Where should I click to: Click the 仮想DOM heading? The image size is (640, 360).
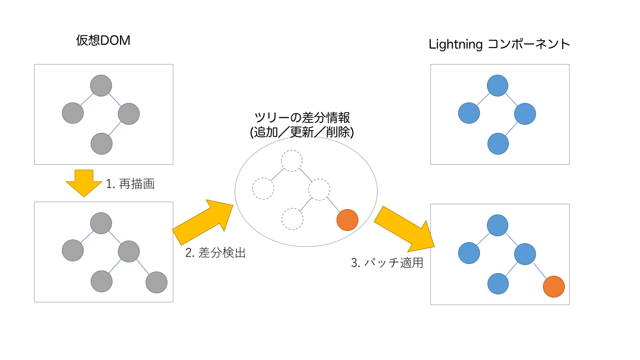tap(103, 42)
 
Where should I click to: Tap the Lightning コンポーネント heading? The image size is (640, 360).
tap(500, 44)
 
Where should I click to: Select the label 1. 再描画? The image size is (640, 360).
tap(130, 185)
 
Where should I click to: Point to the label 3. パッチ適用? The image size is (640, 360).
tap(387, 263)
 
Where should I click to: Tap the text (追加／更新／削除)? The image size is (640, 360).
tap(302, 132)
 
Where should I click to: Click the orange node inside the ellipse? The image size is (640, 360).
tap(348, 220)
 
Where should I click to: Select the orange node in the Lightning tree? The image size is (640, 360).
tap(554, 286)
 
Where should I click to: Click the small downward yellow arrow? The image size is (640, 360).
tap(84, 183)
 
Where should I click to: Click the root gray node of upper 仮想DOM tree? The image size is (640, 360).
tap(101, 85)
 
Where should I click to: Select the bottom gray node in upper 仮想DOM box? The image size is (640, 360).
tap(101, 143)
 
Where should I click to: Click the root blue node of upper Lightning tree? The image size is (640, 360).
tap(497, 85)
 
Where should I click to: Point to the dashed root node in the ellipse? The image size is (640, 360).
tap(292, 161)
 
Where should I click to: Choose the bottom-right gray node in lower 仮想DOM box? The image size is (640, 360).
tap(156, 282)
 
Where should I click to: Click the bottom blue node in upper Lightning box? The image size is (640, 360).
tap(497, 143)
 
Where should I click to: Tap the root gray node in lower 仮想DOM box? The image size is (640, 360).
tap(101, 223)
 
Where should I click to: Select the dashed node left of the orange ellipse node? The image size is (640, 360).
tap(292, 219)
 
